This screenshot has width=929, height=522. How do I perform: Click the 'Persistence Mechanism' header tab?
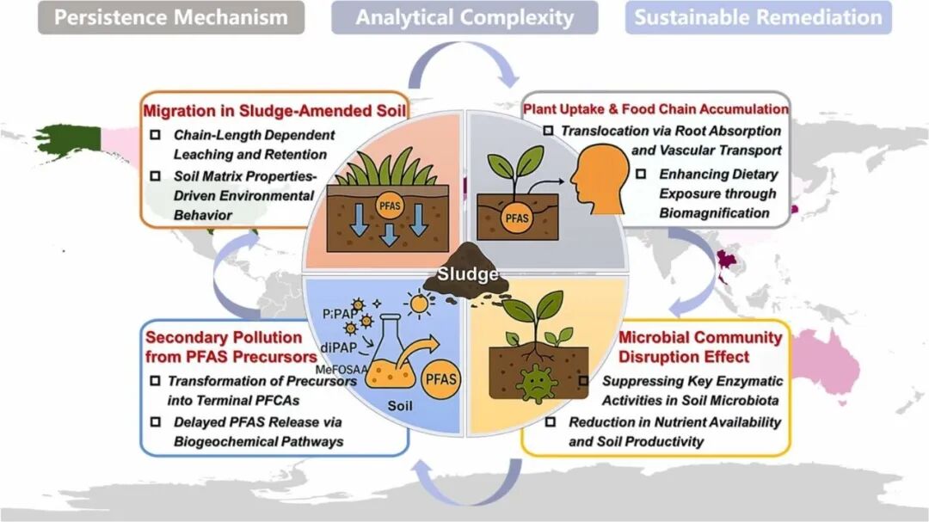tap(170, 17)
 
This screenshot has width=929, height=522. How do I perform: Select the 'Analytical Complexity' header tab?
tap(464, 17)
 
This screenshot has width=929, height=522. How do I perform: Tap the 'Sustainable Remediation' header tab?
tap(758, 17)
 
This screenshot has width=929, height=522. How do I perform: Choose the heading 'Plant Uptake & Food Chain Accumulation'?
tap(655, 109)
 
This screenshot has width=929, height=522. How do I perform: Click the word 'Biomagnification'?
tap(715, 212)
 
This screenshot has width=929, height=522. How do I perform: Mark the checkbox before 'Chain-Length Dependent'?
tap(155, 136)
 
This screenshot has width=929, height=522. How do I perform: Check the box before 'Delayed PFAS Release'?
tap(155, 422)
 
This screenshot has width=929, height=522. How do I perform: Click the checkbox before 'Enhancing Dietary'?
tap(640, 175)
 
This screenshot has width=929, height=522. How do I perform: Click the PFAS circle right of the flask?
tap(442, 378)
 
